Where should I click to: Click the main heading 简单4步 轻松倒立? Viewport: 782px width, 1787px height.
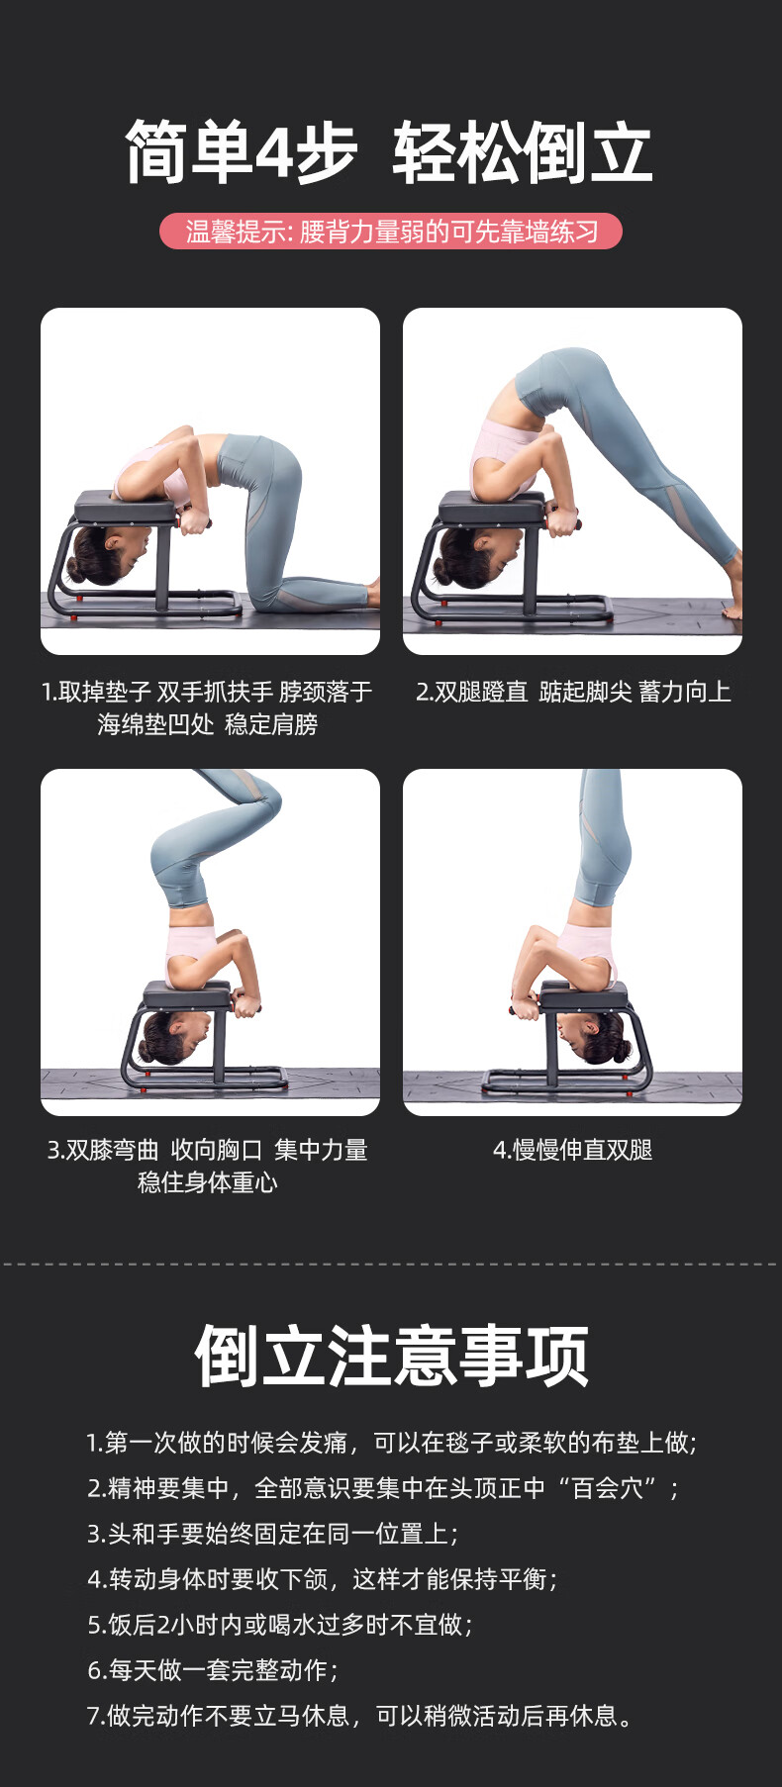click(x=389, y=152)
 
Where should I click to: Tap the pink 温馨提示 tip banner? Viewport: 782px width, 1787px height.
click(x=391, y=232)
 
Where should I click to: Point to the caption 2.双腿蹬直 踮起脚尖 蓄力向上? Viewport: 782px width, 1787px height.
click(x=573, y=692)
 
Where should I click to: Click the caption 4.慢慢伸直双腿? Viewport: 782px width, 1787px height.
click(x=573, y=1150)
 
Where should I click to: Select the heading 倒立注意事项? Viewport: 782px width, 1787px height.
click(x=392, y=1356)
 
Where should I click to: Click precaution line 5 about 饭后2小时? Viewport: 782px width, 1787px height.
click(x=280, y=1625)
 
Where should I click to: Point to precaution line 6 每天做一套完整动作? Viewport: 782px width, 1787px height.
click(x=213, y=1670)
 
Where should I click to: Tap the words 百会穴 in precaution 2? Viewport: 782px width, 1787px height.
click(x=608, y=1488)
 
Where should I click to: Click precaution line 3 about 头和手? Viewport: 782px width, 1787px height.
click(x=273, y=1534)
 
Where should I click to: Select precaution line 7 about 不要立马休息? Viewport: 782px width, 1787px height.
click(x=360, y=1716)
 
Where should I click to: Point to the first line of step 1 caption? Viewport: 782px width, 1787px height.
click(x=207, y=692)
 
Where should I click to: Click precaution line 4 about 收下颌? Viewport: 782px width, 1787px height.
click(x=323, y=1579)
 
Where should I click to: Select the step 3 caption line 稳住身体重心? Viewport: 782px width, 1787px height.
click(x=208, y=1182)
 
